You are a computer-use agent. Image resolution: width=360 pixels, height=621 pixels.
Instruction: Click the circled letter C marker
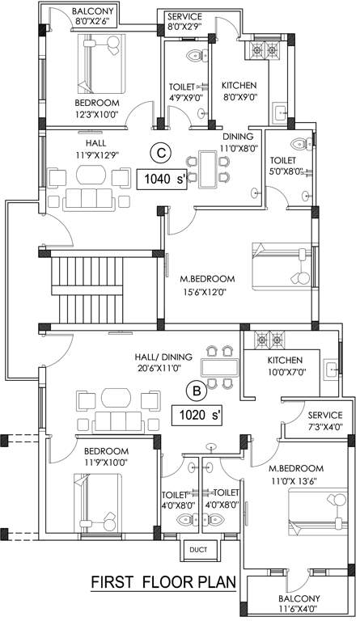tap(162, 151)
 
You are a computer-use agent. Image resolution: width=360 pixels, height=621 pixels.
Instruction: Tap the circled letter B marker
tap(196, 391)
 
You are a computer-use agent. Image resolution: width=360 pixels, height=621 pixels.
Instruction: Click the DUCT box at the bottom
tap(198, 550)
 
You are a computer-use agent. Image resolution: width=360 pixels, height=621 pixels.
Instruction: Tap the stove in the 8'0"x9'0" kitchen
tap(265, 52)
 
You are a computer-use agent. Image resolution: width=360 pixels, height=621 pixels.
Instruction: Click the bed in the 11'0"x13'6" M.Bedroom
tap(311, 509)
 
